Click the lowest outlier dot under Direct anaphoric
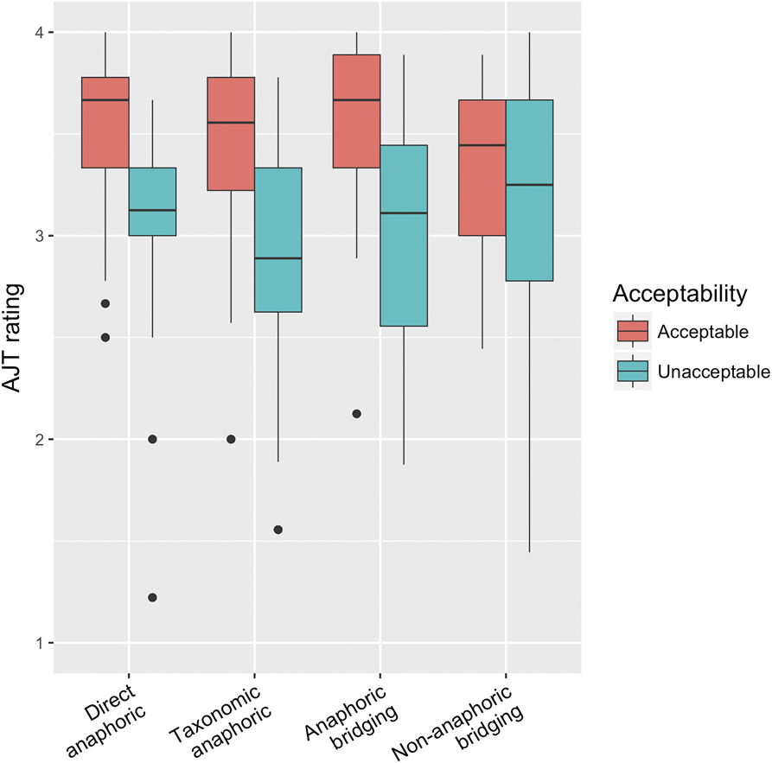click(152, 597)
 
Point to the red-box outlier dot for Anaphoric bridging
click(357, 414)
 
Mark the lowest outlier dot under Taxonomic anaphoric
click(278, 530)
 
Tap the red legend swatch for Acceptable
click(633, 332)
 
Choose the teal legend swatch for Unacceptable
click(633, 372)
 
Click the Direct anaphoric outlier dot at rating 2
click(152, 439)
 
